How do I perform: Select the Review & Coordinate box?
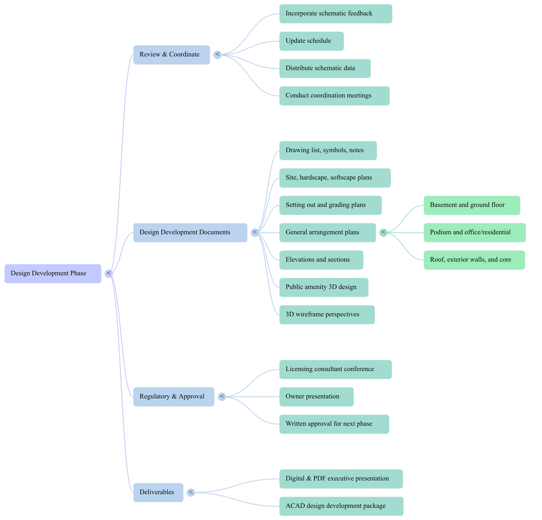(171, 54)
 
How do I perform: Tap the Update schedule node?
(311, 41)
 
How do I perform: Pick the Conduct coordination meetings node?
(334, 96)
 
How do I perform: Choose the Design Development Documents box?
(190, 233)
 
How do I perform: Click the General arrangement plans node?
(327, 233)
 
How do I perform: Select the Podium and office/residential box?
(475, 233)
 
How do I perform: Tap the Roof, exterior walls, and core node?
(474, 260)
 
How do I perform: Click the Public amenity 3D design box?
(323, 287)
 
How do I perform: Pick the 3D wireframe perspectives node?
(327, 315)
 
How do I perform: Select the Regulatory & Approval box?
(174, 397)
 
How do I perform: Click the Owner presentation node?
(316, 397)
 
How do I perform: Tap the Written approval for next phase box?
(334, 424)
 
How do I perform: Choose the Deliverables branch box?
(158, 492)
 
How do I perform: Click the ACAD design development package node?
(341, 506)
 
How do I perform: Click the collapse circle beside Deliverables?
(191, 492)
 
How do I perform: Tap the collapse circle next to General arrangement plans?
(383, 233)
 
